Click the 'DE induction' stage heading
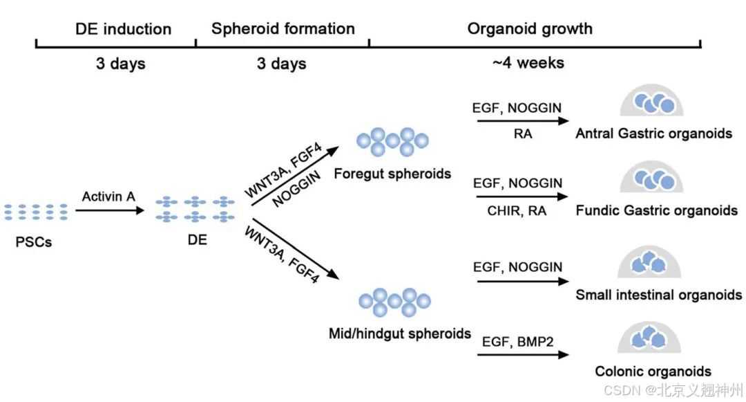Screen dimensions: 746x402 click(x=123, y=29)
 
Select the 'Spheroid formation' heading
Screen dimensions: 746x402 click(x=283, y=28)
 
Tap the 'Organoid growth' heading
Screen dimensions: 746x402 click(x=530, y=28)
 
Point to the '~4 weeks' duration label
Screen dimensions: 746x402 click(x=528, y=63)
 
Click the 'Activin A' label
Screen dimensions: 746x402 click(x=108, y=197)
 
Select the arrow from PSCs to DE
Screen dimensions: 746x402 click(x=109, y=210)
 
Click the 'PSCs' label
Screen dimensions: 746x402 click(x=33, y=242)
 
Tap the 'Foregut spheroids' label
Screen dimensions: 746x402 click(x=392, y=174)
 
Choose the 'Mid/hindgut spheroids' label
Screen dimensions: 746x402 click(x=400, y=334)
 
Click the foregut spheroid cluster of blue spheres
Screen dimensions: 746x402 click(x=392, y=141)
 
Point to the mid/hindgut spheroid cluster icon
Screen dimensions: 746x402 click(x=394, y=302)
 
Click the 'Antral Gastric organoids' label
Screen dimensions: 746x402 click(x=653, y=134)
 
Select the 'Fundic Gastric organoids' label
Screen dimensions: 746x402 click(x=657, y=210)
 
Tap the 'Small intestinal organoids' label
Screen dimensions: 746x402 click(x=659, y=295)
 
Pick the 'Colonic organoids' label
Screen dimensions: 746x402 click(x=653, y=371)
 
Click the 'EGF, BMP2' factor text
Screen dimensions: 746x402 click(x=517, y=342)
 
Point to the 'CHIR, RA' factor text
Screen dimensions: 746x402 click(x=517, y=210)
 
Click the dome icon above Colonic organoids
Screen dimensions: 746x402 click(x=649, y=337)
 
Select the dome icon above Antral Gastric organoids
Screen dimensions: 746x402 click(x=651, y=100)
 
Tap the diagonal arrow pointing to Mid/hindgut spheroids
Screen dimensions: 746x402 click(x=296, y=248)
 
